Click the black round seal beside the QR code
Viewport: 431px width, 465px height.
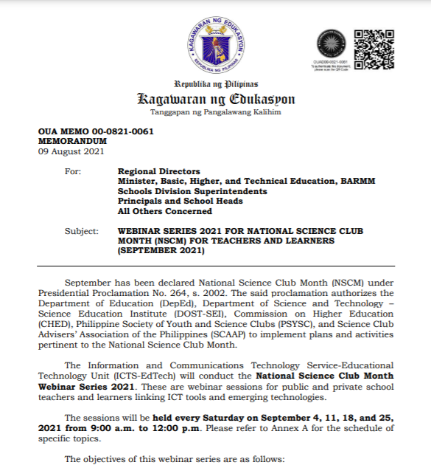[x=330, y=45]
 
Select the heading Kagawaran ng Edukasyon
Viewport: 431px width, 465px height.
[x=216, y=99]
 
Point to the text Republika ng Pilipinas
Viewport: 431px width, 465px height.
[x=216, y=83]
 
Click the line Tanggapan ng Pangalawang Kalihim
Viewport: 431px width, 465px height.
[x=216, y=112]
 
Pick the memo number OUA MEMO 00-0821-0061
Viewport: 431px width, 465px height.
[x=96, y=131]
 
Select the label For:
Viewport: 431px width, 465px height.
[x=73, y=171]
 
